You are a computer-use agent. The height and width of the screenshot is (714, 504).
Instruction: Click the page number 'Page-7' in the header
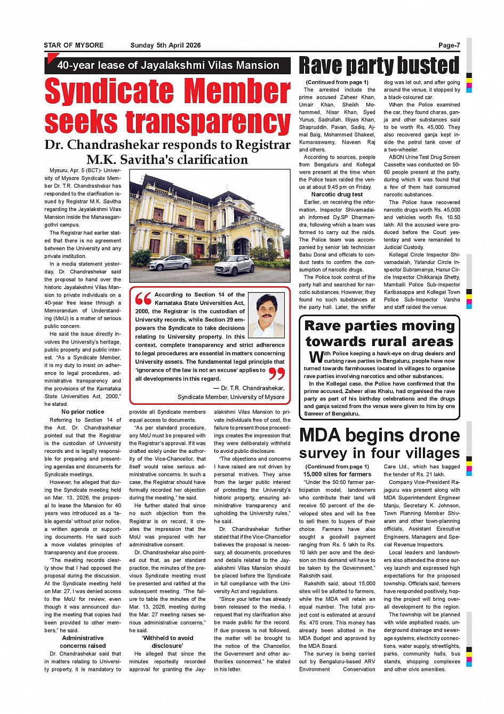point(449,45)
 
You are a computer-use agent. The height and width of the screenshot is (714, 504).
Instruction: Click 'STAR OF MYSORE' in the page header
point(74,45)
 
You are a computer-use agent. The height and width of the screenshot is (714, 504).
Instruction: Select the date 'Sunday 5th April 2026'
point(165,45)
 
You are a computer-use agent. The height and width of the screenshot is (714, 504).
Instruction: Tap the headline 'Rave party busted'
point(379,66)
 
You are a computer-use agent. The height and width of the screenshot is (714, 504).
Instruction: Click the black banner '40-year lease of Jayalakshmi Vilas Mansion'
point(167,66)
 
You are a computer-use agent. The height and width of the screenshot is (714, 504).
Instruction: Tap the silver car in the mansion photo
point(170,263)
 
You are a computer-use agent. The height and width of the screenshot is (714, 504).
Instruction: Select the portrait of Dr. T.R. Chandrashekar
point(267,316)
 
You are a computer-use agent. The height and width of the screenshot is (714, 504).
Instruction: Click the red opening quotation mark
point(143,298)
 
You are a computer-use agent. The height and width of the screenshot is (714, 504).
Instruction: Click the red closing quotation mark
point(277,373)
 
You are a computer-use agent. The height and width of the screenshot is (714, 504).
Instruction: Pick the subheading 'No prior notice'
point(83,412)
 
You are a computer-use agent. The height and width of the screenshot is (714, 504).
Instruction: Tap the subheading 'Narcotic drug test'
point(337,194)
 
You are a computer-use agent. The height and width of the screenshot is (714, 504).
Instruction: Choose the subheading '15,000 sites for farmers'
point(337,474)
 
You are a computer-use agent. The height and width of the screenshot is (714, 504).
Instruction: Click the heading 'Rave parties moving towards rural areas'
point(379,333)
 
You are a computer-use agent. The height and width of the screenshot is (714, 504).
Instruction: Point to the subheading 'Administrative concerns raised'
point(83,642)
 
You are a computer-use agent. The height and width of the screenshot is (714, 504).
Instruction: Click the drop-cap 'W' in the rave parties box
point(316,356)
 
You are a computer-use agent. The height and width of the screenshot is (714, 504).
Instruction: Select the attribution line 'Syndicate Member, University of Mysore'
point(231,397)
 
